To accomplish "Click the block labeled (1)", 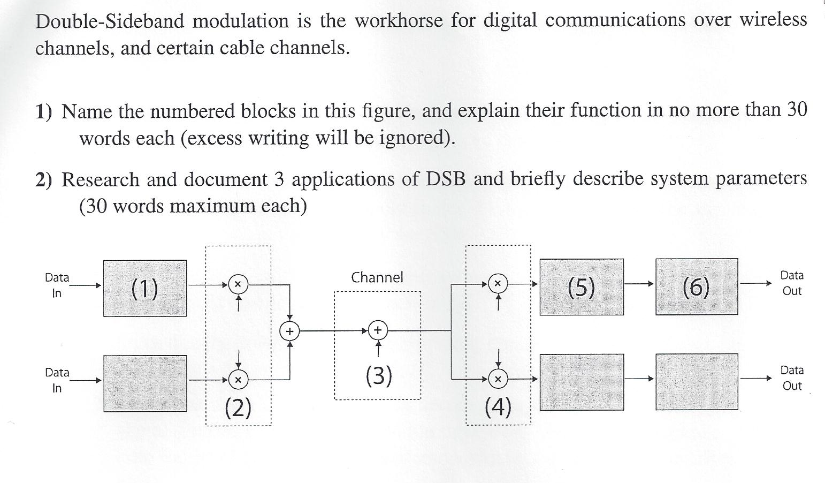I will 145,288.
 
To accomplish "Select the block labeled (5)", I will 582,286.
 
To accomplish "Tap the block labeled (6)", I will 696,286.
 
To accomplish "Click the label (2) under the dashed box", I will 238,408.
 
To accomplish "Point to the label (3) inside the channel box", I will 379,375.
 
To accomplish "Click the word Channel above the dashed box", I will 377,277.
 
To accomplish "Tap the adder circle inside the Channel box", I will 378,330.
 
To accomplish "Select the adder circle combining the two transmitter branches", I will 289,331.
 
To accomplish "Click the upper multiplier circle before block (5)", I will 498,284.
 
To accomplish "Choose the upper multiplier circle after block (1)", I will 238,284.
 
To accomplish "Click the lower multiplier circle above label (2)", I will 238,380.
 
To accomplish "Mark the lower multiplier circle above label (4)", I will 498,379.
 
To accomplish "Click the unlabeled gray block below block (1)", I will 145,383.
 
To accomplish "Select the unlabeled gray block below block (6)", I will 696,381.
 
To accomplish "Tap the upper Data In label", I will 57,285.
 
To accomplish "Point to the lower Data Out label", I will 792,378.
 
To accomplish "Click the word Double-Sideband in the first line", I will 110,21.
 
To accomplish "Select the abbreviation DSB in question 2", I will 446,179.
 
